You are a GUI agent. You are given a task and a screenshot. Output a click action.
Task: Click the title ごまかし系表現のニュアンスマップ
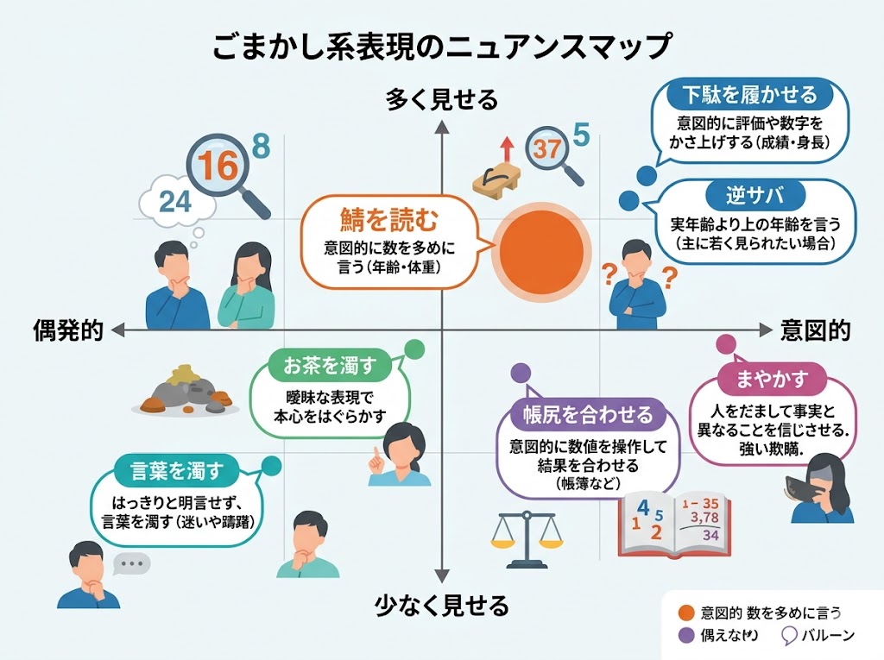441,46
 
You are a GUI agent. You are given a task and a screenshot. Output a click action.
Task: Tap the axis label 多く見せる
441,100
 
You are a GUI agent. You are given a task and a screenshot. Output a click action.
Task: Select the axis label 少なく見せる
441,605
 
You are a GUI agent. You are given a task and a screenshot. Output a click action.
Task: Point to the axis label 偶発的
68,330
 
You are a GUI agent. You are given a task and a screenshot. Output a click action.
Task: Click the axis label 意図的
815,330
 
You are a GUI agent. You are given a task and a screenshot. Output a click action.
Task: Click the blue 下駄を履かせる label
749,94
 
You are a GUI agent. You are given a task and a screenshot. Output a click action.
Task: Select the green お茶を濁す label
331,366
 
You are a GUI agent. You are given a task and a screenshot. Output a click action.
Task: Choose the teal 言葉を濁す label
176,471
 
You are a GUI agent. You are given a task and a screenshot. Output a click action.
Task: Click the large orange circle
538,246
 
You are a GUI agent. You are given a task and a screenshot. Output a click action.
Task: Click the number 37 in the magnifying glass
546,148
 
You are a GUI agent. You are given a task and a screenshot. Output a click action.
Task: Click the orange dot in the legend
686,613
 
